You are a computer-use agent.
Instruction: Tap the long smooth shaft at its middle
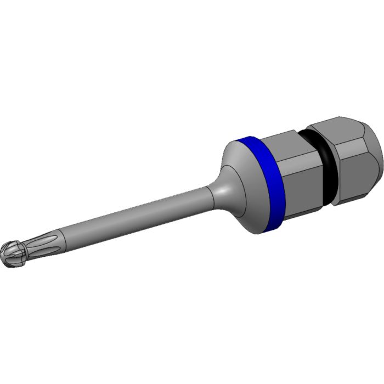coord(137,211)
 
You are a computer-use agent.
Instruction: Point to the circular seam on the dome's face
coord(225,165)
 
